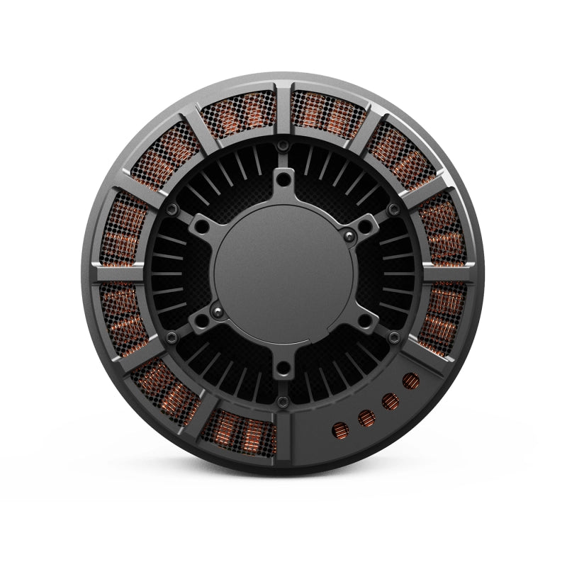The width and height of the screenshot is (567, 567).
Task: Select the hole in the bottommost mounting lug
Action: pos(283,366)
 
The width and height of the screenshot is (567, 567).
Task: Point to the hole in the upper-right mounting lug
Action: pos(366,225)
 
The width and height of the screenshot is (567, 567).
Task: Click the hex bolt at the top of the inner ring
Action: pos(283,145)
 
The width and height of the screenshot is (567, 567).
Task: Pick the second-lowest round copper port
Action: pos(366,418)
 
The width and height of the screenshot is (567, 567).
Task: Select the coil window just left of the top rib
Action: pos(237,113)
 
